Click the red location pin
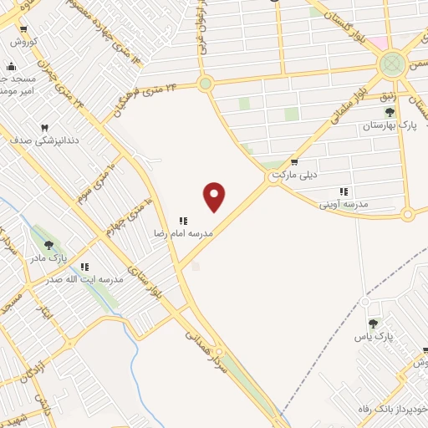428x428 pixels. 215,196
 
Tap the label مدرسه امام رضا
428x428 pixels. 183,234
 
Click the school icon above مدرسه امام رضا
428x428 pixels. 183,221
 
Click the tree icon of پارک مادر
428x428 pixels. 48,246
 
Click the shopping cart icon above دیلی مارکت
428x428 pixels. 294,162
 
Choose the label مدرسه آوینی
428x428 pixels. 344,204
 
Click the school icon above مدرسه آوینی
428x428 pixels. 344,191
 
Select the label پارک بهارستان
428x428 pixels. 389,125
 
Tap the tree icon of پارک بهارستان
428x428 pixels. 390,112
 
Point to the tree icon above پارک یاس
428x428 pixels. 373,324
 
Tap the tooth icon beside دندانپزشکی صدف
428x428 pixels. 45,127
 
